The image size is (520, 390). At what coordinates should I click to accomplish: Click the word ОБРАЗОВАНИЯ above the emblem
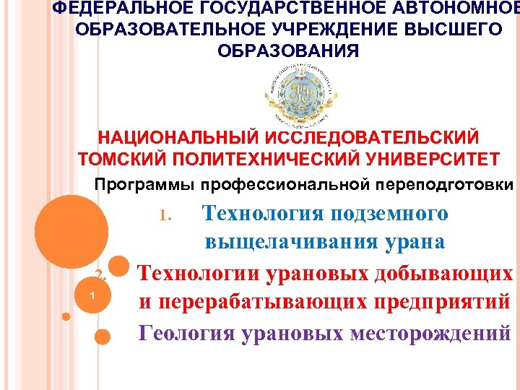tap(287, 52)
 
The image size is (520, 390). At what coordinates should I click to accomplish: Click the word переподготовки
tap(441, 184)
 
